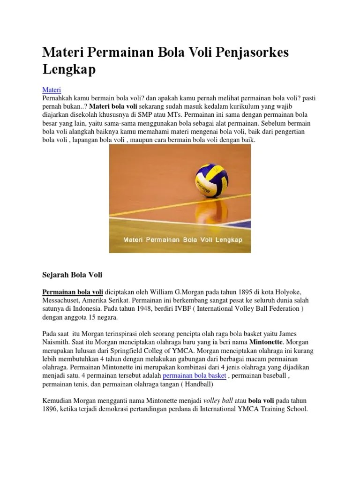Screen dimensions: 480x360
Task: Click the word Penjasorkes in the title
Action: pyautogui.click(x=253, y=52)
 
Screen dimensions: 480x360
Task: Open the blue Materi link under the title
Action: pyautogui.click(x=52, y=90)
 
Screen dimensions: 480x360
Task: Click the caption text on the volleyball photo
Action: pyautogui.click(x=183, y=240)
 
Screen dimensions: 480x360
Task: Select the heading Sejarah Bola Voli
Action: pyautogui.click(x=72, y=274)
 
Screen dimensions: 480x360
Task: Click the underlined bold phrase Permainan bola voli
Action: pyautogui.click(x=73, y=291)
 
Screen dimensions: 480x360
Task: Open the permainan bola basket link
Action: pyautogui.click(x=195, y=376)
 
